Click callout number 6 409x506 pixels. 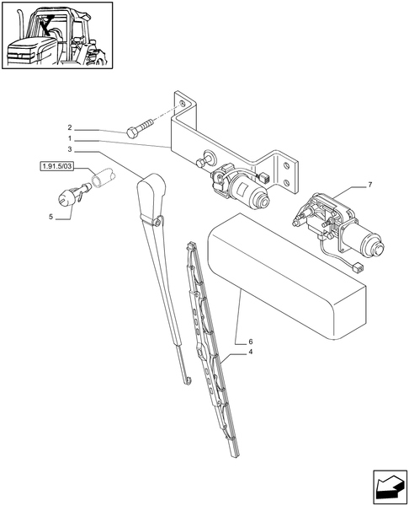(250, 341)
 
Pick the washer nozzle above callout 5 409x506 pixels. (66, 199)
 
